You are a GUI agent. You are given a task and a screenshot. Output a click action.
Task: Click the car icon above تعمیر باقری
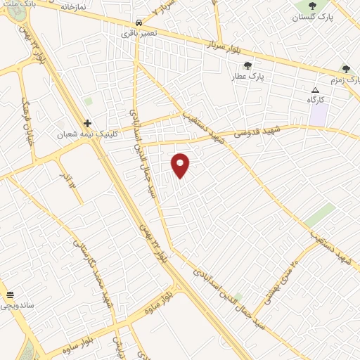(x=139, y=22)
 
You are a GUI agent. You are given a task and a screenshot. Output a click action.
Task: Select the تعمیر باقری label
(x=139, y=33)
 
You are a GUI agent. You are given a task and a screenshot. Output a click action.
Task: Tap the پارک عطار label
(x=247, y=77)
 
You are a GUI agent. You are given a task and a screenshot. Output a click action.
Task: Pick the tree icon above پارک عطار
(x=247, y=66)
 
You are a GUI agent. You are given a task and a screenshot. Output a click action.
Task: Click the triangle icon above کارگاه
(x=315, y=90)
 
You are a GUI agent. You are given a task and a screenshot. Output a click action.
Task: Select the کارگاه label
(x=316, y=101)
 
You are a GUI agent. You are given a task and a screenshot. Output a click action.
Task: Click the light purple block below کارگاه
(x=318, y=116)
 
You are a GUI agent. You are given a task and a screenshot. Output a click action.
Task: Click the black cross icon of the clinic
(x=88, y=123)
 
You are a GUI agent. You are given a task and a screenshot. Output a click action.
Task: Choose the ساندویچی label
(x=15, y=305)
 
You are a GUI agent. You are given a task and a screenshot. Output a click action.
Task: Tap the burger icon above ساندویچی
(x=10, y=295)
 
